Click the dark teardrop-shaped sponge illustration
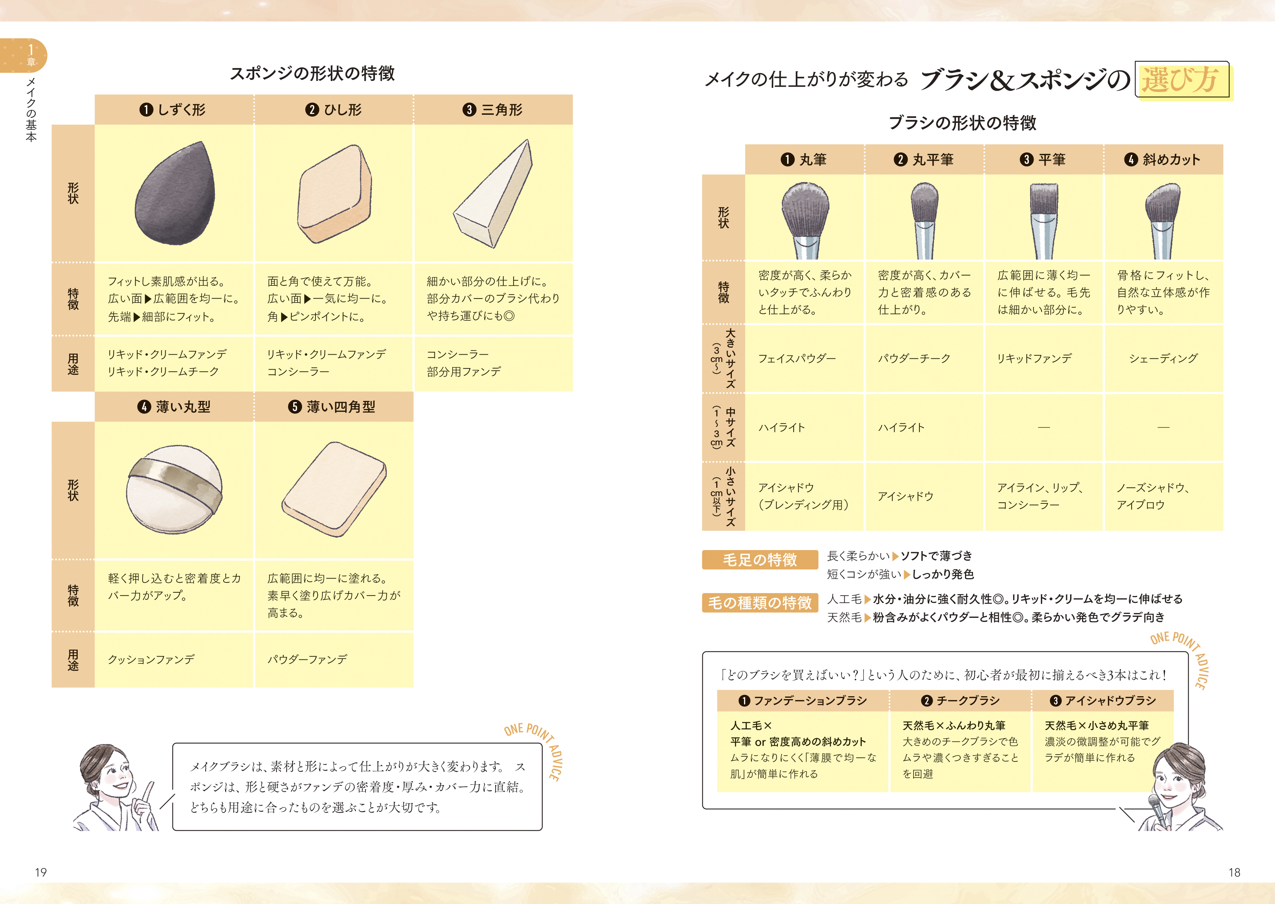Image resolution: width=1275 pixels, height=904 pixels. [174, 195]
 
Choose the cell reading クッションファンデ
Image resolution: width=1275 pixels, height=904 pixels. [151, 660]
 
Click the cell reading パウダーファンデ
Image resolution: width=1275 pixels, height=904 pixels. [307, 660]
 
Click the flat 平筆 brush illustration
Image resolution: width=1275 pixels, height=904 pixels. [1043, 221]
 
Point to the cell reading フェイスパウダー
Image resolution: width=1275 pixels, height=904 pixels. [797, 358]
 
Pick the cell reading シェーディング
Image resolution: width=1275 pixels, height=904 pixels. [1163, 358]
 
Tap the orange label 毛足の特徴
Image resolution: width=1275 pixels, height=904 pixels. [760, 560]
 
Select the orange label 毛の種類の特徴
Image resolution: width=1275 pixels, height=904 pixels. [760, 603]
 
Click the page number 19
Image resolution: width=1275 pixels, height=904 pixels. [41, 872]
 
